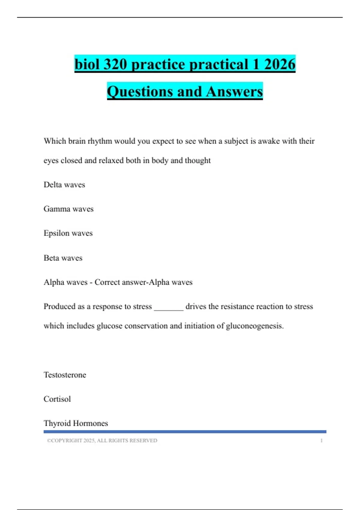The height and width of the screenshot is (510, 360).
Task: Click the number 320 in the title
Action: coord(115,64)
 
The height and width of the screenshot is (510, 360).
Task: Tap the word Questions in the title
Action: coord(140,91)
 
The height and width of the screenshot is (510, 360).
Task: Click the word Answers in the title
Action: coord(234,91)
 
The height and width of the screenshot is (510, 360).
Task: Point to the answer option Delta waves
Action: coord(64,184)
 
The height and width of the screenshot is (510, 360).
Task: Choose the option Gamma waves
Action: coord(68,209)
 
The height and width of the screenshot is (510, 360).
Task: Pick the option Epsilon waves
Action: coord(68,233)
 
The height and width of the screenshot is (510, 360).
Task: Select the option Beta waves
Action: coord(63,258)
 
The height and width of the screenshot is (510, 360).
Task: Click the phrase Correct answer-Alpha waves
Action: coord(143,282)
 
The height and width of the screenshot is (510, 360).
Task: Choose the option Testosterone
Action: coord(65,375)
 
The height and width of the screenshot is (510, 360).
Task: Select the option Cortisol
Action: coord(57,399)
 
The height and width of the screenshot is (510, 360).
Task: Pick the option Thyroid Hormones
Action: coord(76,423)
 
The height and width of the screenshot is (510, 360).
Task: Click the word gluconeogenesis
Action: coord(254,326)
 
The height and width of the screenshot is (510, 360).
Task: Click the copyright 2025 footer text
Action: coord(102,440)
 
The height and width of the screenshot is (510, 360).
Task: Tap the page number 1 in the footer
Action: coord(321,440)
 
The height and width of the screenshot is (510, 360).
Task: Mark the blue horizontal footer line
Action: coord(185,432)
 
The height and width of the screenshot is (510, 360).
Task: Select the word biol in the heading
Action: coord(87,64)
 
